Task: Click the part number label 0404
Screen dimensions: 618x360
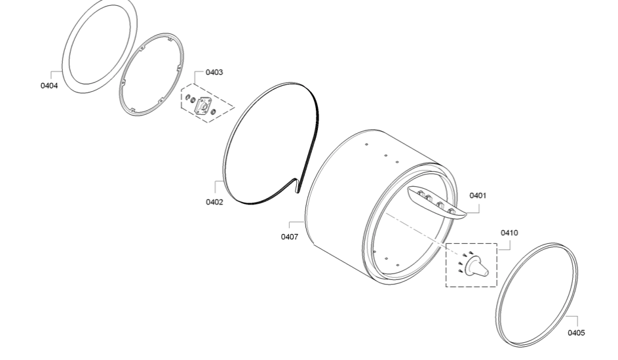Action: pyautogui.click(x=49, y=85)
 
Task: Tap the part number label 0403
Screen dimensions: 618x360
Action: pyautogui.click(x=214, y=72)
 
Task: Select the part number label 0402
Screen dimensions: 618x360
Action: pyautogui.click(x=214, y=202)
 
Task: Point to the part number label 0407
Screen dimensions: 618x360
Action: pyautogui.click(x=289, y=237)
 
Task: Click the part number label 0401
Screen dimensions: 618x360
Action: pyautogui.click(x=478, y=195)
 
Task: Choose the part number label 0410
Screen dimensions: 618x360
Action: pyautogui.click(x=509, y=233)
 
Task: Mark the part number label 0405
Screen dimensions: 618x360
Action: pyautogui.click(x=576, y=333)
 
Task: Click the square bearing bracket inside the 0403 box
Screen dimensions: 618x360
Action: pyautogui.click(x=203, y=106)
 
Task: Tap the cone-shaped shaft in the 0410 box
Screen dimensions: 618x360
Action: pyautogui.click(x=476, y=266)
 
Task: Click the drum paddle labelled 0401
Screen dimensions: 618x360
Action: pyautogui.click(x=436, y=202)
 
